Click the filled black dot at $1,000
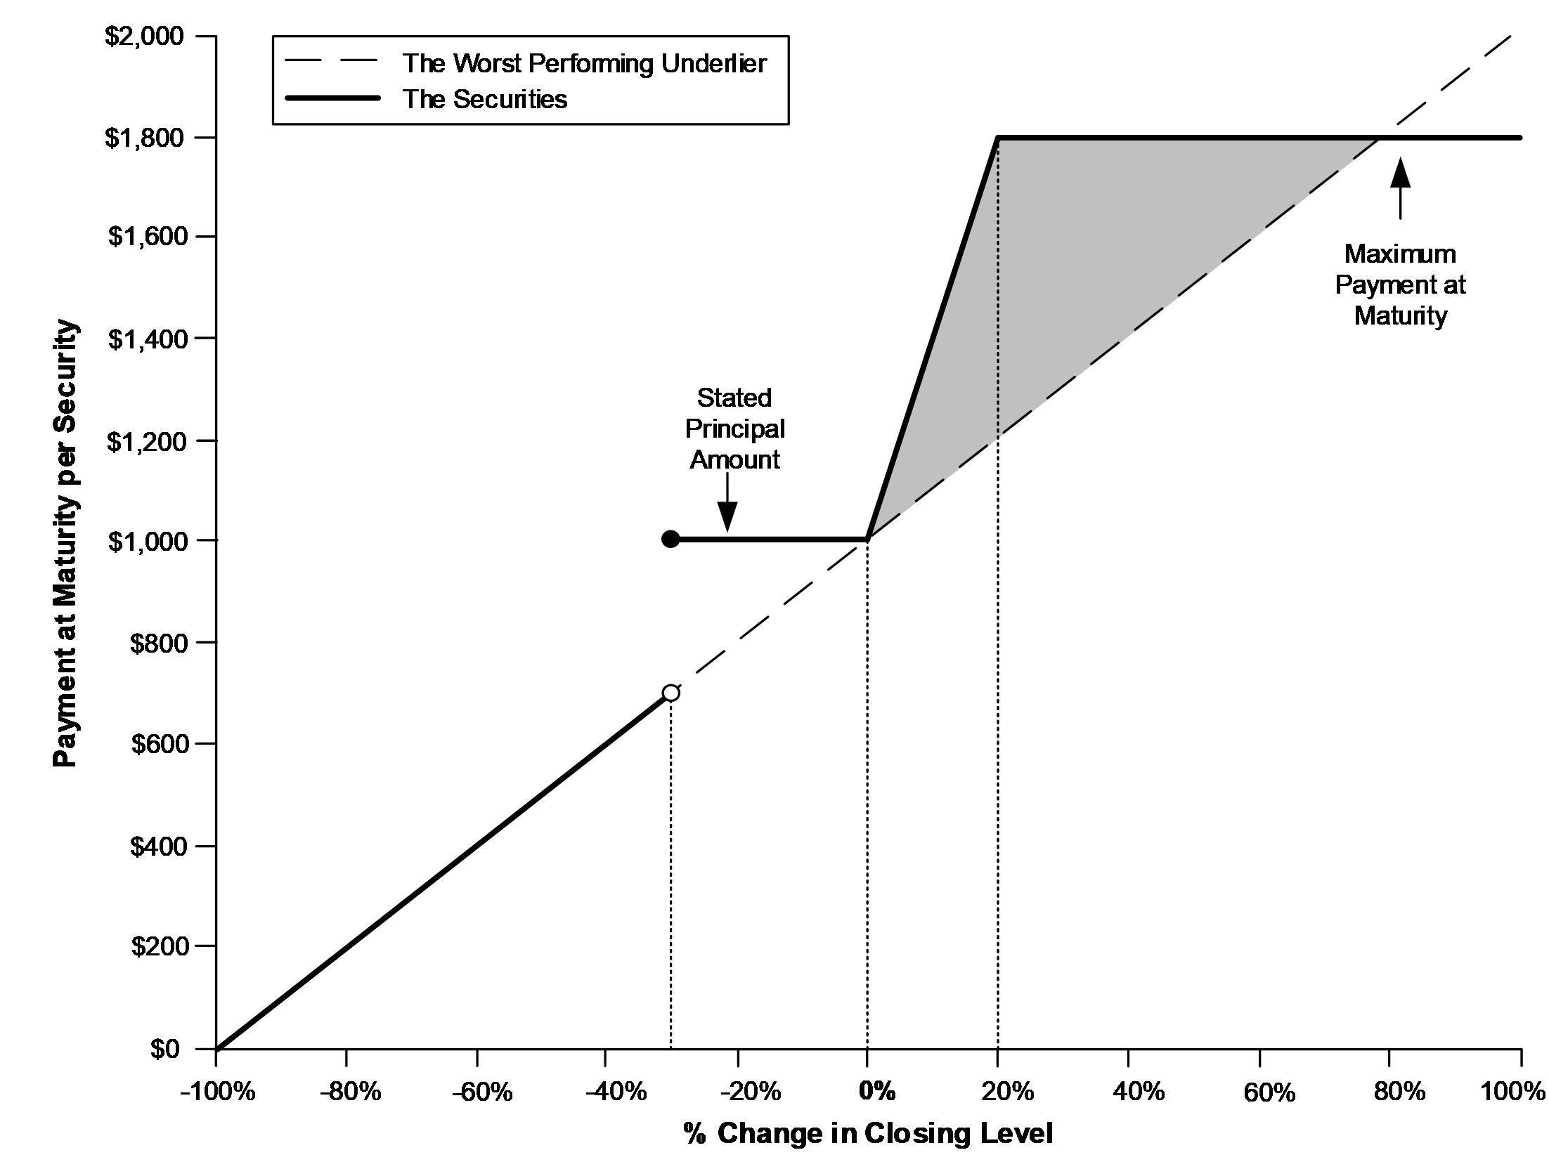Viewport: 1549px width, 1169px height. [670, 539]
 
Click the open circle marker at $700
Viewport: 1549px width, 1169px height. [670, 693]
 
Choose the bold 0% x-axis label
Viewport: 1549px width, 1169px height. [877, 1091]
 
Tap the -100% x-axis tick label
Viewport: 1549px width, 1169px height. [217, 1092]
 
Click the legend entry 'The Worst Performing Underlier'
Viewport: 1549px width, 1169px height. [584, 63]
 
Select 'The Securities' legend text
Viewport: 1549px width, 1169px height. [485, 99]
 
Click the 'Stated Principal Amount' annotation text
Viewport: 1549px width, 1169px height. [734, 429]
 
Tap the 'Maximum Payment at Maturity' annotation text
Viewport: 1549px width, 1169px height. [1400, 285]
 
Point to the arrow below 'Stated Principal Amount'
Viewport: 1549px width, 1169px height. [727, 503]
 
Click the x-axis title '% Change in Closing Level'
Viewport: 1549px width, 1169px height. [868, 1134]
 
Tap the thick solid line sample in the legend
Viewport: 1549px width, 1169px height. [332, 98]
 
